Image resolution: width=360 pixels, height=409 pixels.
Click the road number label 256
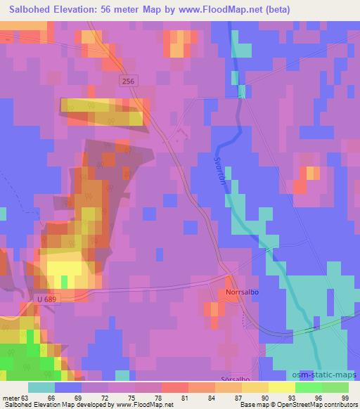point(127,82)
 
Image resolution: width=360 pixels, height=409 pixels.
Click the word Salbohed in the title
point(33,10)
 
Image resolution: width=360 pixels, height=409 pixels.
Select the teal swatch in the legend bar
point(41,387)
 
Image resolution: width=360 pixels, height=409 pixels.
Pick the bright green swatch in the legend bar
point(309,387)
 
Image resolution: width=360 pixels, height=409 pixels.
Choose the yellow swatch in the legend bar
point(282,387)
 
